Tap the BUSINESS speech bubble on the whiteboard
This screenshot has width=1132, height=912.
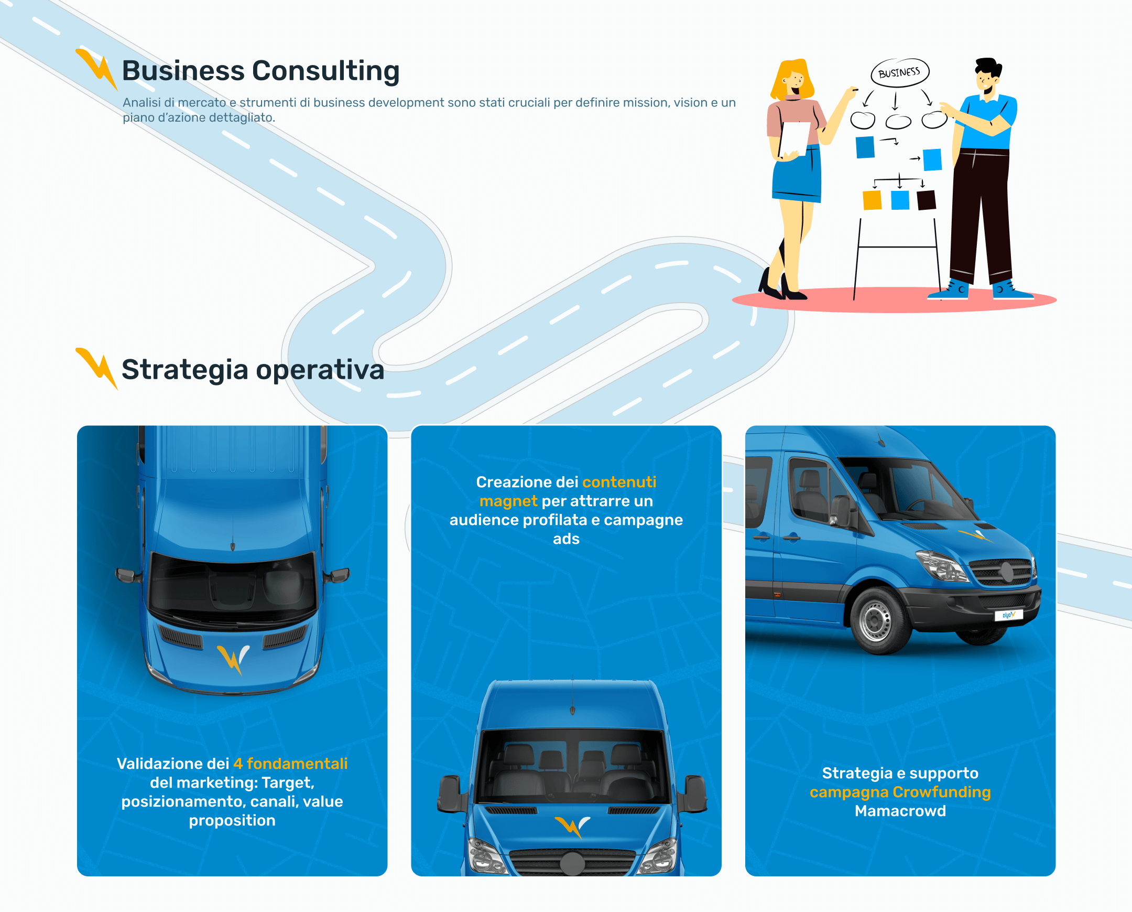tap(899, 72)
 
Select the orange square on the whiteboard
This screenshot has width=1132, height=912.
tap(872, 200)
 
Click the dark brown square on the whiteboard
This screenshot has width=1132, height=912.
tap(926, 200)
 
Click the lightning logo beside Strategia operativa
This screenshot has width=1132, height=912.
tap(96, 367)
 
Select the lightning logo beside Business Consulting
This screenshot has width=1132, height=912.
tap(96, 69)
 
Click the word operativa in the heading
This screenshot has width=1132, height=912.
tap(320, 370)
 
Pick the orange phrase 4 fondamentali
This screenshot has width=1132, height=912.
tap(290, 764)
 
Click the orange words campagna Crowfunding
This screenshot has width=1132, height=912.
tap(900, 792)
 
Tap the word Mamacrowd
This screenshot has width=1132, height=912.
tap(900, 811)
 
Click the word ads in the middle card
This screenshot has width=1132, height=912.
tap(566, 539)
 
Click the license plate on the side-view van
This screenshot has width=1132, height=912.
tap(1008, 615)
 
